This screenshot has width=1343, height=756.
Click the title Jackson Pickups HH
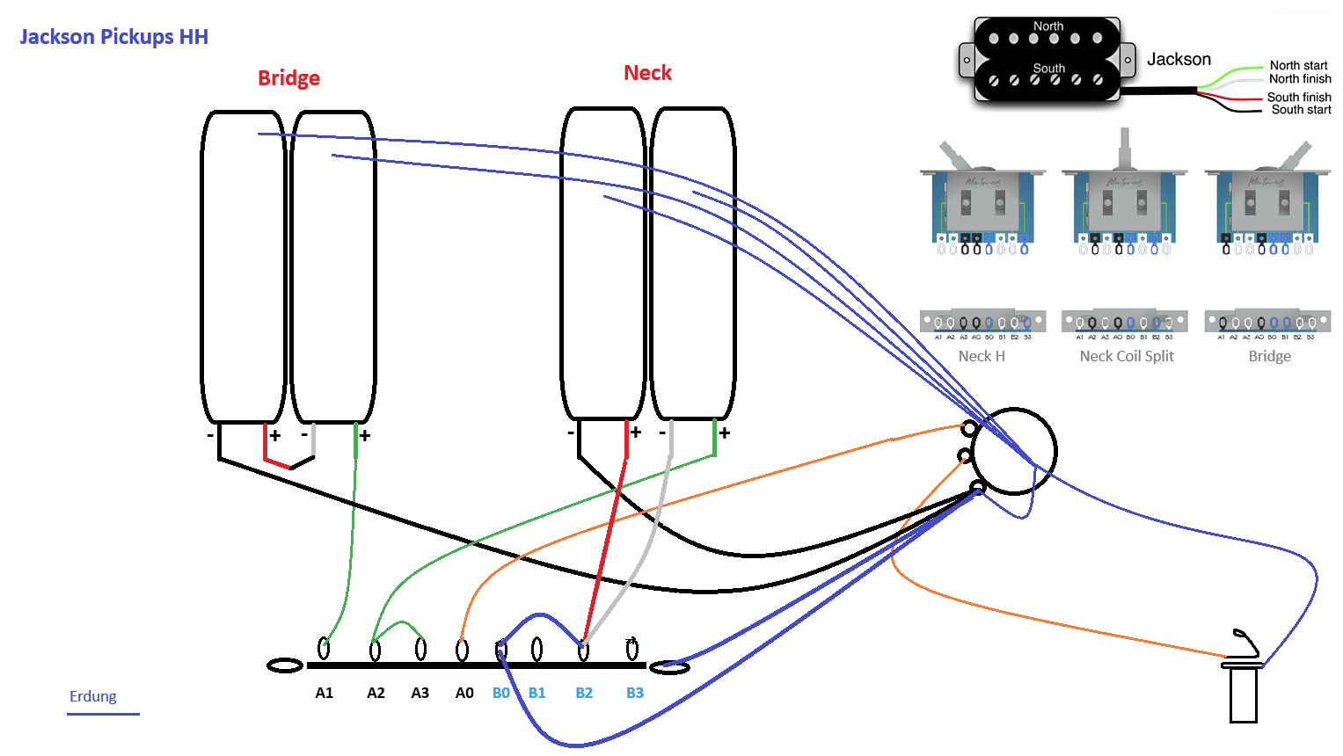113,37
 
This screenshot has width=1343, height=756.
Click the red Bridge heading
288,78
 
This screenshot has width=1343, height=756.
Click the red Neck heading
647,73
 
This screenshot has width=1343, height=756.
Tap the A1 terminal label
325,693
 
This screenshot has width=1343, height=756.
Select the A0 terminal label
464,693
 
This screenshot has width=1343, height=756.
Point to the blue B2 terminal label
584,693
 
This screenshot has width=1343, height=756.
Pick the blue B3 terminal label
635,693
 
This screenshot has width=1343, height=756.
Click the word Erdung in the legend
93,696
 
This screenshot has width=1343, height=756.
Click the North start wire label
1298,65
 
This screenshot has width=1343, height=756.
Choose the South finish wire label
1298,97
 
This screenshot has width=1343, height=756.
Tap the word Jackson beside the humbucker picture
1179,59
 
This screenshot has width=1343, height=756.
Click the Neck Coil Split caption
1127,356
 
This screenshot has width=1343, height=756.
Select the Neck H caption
982,356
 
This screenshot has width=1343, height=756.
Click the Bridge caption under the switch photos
1270,356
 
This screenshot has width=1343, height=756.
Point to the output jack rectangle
1243,694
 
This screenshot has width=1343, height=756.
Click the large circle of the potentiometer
1014,451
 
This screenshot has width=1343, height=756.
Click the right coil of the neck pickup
693,264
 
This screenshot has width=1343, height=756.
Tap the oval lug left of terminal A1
285,665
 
